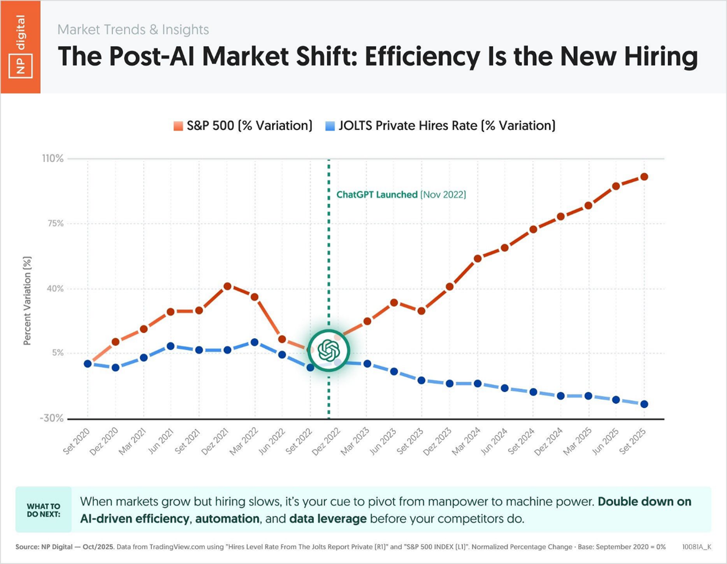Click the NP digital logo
(20, 47)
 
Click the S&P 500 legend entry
(243, 126)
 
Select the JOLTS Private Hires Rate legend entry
(440, 126)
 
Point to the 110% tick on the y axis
(52, 158)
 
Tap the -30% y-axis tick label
(51, 418)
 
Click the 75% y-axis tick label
(55, 224)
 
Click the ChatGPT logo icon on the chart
(328, 350)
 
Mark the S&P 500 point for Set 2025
(644, 177)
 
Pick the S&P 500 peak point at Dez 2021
(227, 286)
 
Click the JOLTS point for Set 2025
(644, 404)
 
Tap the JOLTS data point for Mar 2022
(255, 342)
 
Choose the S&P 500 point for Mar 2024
(478, 258)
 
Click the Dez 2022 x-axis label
(326, 442)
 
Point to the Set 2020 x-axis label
(76, 442)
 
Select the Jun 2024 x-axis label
(493, 442)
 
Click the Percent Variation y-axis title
(27, 300)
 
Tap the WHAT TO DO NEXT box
(43, 509)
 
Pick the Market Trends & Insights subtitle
(133, 29)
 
